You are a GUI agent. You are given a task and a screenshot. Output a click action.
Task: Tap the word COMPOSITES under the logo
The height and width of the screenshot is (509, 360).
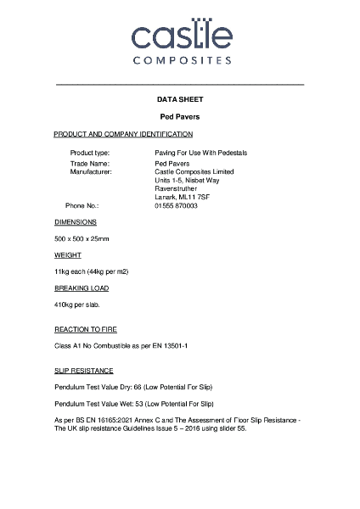pyautogui.click(x=179, y=61)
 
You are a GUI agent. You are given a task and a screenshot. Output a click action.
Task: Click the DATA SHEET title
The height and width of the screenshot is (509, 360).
pyautogui.click(x=179, y=100)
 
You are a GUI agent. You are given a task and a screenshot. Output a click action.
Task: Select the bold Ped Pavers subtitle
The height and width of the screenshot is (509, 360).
pyautogui.click(x=179, y=116)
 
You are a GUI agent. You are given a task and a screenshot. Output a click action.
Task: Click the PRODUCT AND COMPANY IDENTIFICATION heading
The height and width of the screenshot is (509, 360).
pyautogui.click(x=123, y=134)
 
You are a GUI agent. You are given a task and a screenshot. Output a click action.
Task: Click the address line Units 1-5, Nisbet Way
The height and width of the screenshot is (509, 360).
pyautogui.click(x=188, y=180)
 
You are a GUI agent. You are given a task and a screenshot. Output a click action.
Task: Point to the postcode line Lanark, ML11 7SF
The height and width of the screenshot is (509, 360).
pyautogui.click(x=182, y=197)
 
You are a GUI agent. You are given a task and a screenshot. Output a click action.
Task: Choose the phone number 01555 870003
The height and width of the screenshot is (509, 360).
pyautogui.click(x=176, y=205)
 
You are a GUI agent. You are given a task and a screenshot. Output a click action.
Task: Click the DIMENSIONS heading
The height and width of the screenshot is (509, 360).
pyautogui.click(x=76, y=221)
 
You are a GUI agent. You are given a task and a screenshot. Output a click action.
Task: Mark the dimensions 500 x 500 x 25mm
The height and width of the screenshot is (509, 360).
pyautogui.click(x=82, y=238)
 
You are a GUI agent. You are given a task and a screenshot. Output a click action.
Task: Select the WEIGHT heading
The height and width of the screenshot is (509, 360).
pyautogui.click(x=68, y=255)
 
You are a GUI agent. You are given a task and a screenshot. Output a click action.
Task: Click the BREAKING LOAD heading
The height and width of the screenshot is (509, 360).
pyautogui.click(x=82, y=288)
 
